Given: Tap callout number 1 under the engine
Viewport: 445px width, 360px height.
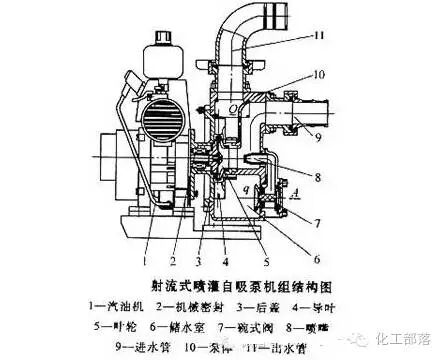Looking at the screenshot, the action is tap(146, 241).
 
